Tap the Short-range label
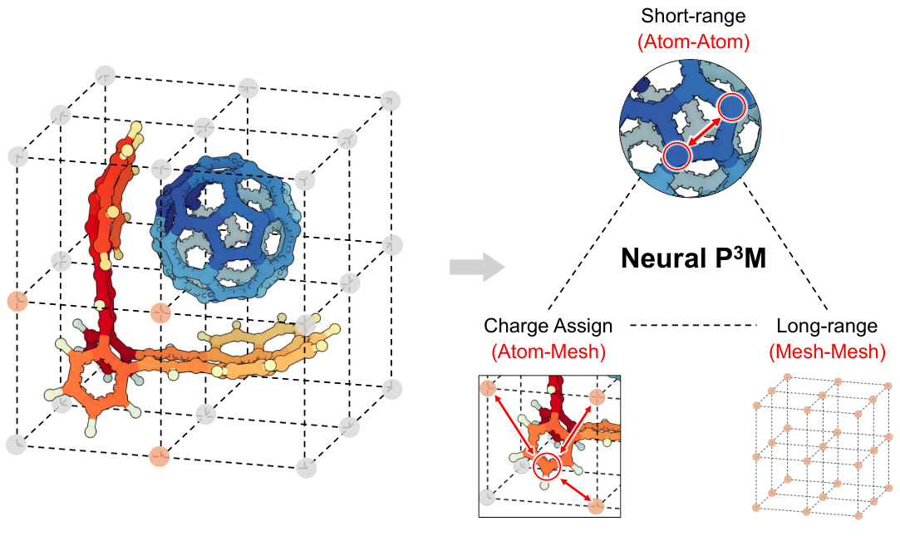click(x=694, y=17)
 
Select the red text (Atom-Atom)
click(x=694, y=42)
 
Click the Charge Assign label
click(x=548, y=327)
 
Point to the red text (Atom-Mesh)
click(x=548, y=352)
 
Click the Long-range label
click(x=826, y=327)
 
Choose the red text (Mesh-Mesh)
click(x=826, y=352)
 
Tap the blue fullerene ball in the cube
click(x=231, y=224)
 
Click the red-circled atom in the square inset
click(x=547, y=469)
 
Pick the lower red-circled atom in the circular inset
click(x=677, y=155)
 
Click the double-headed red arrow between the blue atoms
click(x=705, y=131)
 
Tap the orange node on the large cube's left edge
click(x=17, y=300)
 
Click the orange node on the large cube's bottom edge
click(x=160, y=455)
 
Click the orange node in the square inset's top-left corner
click(x=489, y=387)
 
